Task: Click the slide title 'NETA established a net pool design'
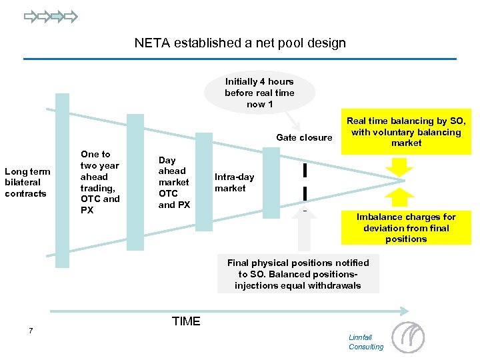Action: (x=240, y=43)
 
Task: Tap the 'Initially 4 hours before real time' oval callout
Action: (x=259, y=93)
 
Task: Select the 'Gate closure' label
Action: (x=303, y=138)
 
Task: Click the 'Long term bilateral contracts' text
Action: (x=27, y=182)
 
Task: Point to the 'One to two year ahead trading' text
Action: (x=100, y=182)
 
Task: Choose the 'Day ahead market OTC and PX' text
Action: (x=173, y=182)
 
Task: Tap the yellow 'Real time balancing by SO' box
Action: (x=407, y=132)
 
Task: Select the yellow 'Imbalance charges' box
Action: (x=406, y=228)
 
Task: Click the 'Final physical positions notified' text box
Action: (x=298, y=274)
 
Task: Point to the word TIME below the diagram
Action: (x=186, y=321)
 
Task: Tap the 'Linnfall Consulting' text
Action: (x=366, y=342)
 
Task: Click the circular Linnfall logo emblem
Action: (x=407, y=337)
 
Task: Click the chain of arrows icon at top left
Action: (x=51, y=16)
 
